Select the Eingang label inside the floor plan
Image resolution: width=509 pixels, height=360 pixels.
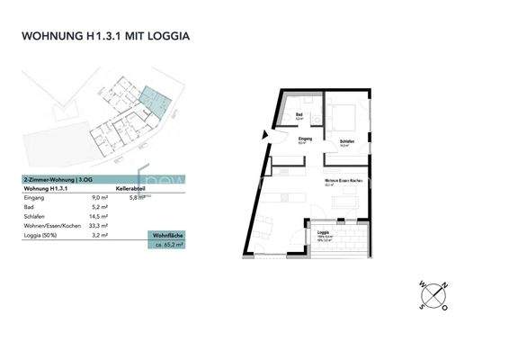click(306, 139)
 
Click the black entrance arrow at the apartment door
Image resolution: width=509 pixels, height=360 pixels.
click(264, 136)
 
